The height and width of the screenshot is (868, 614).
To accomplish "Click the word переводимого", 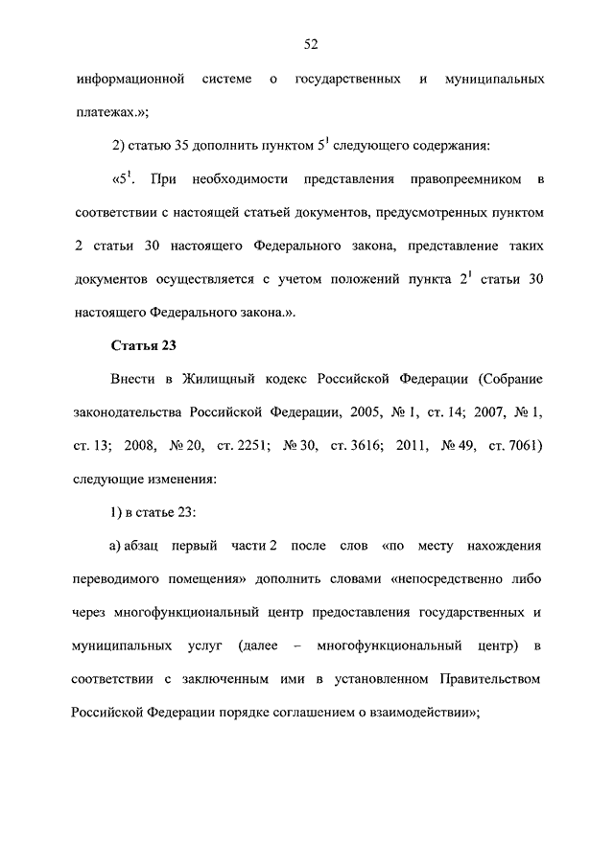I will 112,579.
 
